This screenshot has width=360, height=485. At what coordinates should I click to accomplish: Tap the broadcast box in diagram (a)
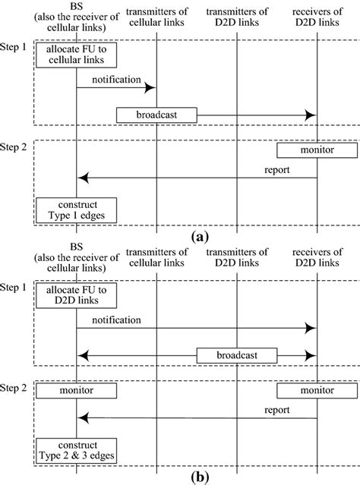(156, 115)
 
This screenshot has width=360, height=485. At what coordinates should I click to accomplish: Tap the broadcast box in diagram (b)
(237, 355)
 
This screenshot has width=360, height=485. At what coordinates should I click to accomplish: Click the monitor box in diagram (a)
(316, 151)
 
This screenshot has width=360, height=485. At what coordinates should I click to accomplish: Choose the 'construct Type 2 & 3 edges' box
(77, 452)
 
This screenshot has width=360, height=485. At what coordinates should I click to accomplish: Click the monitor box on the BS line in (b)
(77, 390)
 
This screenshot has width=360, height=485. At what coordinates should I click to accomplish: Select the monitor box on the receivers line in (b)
(316, 390)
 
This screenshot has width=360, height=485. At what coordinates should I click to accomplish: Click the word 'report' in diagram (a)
(276, 170)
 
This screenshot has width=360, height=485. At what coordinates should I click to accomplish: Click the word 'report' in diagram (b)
(276, 411)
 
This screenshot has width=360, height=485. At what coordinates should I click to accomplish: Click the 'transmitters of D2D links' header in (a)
(236, 17)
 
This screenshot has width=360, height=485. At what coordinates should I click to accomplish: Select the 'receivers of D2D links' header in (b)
(316, 258)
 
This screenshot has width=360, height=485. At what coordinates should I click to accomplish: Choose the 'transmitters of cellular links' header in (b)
(156, 258)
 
